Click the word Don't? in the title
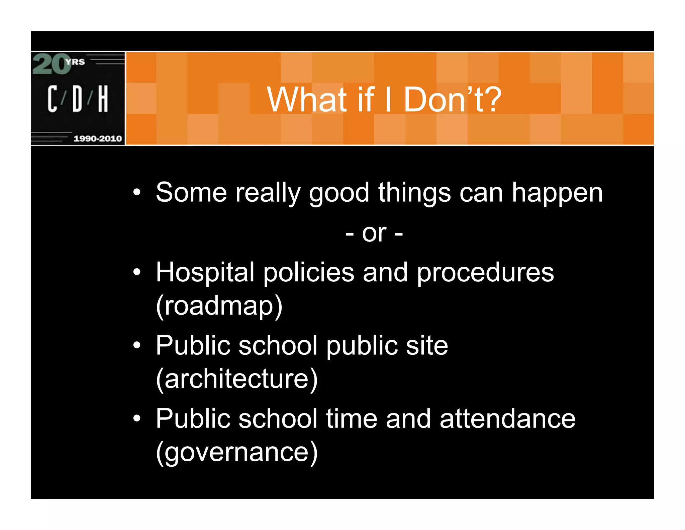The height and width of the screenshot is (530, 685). click(x=453, y=100)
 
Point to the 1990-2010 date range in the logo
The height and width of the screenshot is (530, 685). click(x=97, y=138)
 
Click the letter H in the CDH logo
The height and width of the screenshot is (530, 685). click(x=103, y=98)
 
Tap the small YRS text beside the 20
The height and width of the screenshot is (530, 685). click(x=75, y=62)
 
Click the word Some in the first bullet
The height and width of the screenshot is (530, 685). click(x=191, y=193)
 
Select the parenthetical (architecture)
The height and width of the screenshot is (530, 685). click(x=237, y=379)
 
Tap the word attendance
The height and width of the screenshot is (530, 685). click(x=507, y=419)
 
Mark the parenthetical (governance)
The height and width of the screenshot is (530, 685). click(x=237, y=452)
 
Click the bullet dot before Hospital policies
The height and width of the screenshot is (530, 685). click(x=136, y=272)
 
